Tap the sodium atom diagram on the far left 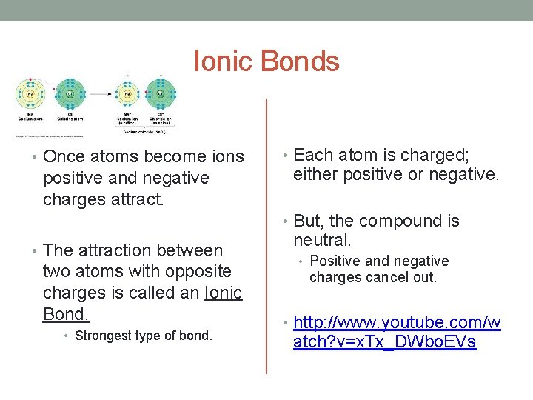(x=31, y=94)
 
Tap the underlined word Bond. (x=66, y=314)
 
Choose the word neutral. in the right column (x=322, y=241)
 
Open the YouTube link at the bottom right (x=397, y=333)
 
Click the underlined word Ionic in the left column (x=224, y=293)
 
